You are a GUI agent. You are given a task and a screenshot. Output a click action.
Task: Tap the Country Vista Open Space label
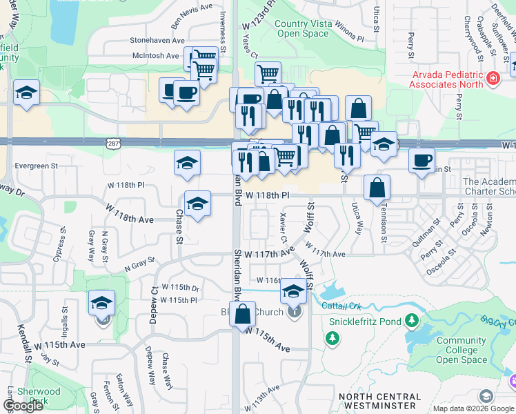303,28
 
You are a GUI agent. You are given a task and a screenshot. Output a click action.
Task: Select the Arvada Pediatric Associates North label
448,79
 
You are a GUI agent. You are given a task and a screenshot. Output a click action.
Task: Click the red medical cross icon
493,79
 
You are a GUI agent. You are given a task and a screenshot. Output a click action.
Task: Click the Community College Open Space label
462,350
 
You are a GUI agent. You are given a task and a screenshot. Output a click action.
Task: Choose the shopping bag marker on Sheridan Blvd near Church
243,315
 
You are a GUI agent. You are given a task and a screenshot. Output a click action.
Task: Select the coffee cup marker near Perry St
421,161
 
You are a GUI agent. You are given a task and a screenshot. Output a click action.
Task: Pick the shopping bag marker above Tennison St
377,188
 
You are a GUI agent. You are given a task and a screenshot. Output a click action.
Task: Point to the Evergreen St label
36,166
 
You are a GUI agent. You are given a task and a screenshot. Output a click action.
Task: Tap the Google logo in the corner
23,406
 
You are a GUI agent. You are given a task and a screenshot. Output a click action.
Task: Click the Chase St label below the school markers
179,226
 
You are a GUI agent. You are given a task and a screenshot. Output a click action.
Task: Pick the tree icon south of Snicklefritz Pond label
333,338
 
